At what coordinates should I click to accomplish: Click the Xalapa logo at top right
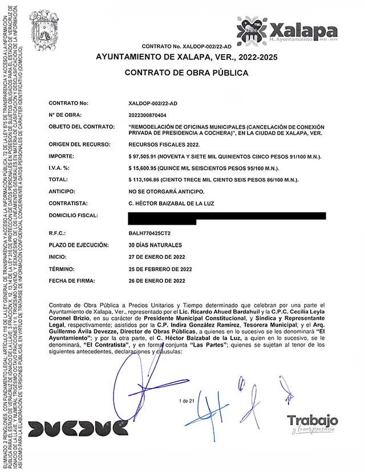(x=287, y=30)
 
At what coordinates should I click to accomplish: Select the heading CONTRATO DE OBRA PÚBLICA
(x=186, y=73)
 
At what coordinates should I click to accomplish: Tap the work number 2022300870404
(x=152, y=116)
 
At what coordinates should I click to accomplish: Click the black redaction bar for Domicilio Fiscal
(x=228, y=215)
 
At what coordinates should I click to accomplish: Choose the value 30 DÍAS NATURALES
(x=156, y=245)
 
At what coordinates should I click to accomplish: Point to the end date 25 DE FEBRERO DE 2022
(x=161, y=269)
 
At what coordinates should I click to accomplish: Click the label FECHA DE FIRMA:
(x=71, y=280)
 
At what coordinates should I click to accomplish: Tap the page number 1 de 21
(x=186, y=402)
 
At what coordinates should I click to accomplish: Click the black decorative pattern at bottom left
(x=78, y=428)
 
